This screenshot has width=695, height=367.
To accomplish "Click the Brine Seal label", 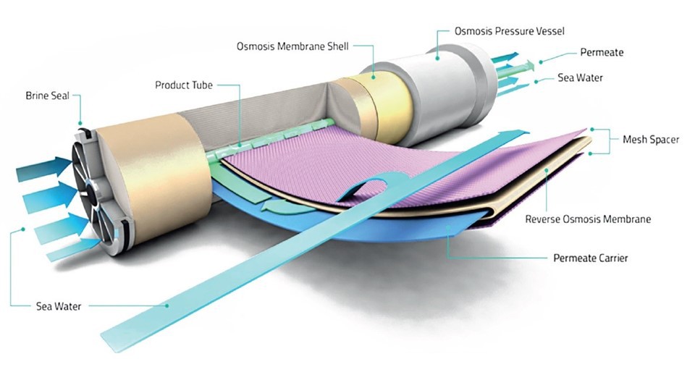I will [47, 95].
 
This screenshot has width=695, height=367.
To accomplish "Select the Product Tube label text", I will [183, 85].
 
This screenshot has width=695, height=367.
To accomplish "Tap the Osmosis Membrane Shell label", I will [293, 47].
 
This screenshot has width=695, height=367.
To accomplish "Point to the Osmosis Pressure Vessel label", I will [509, 31].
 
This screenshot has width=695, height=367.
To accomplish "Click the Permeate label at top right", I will [601, 53].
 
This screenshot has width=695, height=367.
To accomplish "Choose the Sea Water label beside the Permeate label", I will [580, 77].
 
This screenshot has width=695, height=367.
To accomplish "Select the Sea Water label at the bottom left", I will [59, 306].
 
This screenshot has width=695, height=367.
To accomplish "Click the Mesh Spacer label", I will [650, 139].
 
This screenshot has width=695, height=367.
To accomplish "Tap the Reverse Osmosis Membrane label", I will [588, 219].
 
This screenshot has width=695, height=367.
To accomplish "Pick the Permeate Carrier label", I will [590, 258].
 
